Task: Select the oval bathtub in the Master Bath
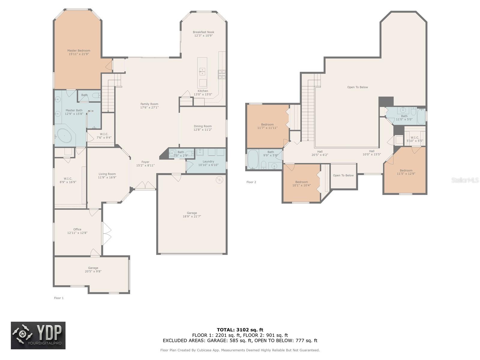(x=64, y=136)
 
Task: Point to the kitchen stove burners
(x=221, y=74)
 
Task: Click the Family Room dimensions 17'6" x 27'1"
(x=149, y=107)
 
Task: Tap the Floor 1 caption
(x=58, y=298)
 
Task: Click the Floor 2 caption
(x=251, y=182)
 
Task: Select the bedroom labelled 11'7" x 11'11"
(x=267, y=126)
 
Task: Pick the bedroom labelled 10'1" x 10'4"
(x=301, y=183)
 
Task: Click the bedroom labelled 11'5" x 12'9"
(x=406, y=172)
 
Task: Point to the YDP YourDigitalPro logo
(x=38, y=335)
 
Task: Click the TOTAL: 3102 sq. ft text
(x=240, y=330)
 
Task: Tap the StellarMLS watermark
(x=465, y=180)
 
